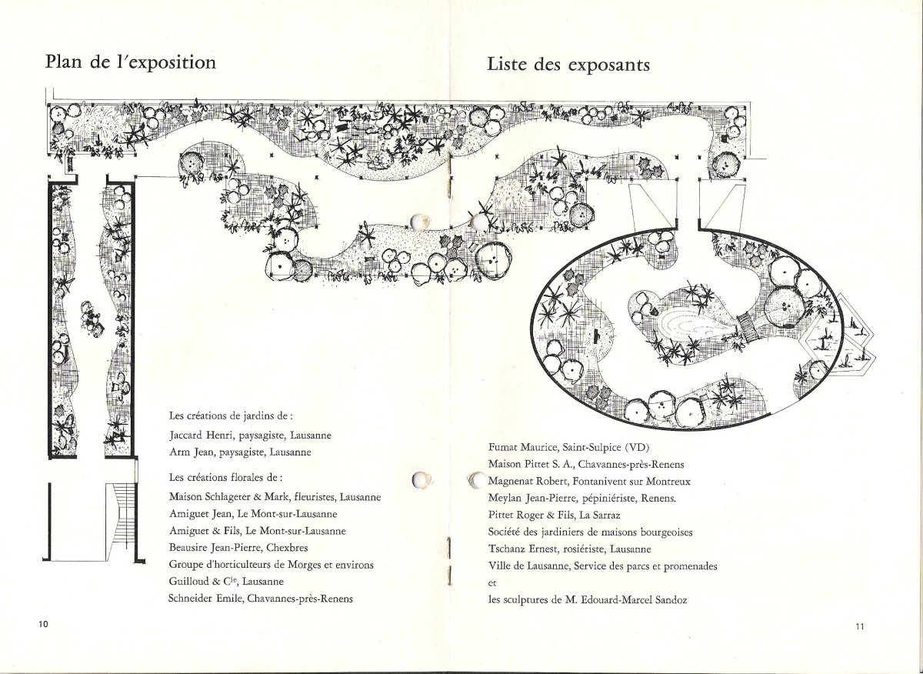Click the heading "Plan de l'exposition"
pos(131,62)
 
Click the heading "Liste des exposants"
pos(568,65)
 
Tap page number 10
pos(43,624)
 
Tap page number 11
pos(860,626)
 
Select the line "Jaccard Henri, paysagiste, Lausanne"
pos(250,435)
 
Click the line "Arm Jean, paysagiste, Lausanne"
pos(240,452)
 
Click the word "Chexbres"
pos(287,548)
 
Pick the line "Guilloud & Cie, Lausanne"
pos(226,581)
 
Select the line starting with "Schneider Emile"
pos(261,598)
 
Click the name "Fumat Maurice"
pos(521,447)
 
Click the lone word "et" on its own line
pos(492,583)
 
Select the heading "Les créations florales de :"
pos(226,477)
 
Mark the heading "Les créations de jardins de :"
pos(231,415)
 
